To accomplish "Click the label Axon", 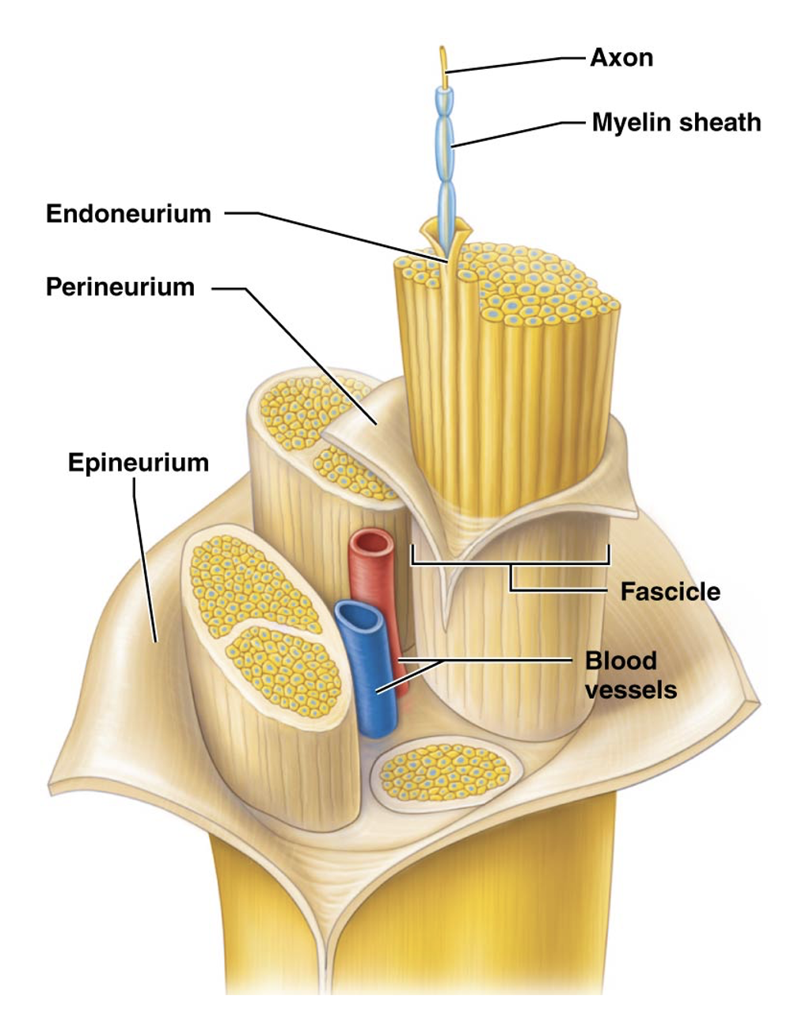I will click(x=621, y=58).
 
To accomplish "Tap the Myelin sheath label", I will click(x=676, y=123).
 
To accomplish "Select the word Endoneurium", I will click(x=128, y=214).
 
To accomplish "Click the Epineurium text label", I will click(x=139, y=462).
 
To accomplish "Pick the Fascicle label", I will click(x=670, y=592).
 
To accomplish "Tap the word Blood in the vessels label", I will click(x=610, y=661).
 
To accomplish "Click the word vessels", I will click(x=631, y=689).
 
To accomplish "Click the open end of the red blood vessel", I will click(x=371, y=545).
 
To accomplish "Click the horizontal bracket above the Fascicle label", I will click(x=510, y=563).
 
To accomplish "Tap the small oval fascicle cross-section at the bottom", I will click(x=446, y=773).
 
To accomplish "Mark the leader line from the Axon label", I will click(x=515, y=63).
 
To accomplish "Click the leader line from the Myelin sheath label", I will click(x=515, y=132).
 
